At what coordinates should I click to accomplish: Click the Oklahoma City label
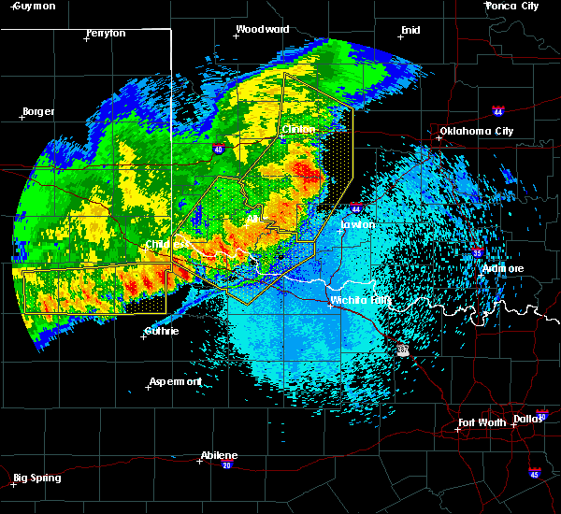(476, 131)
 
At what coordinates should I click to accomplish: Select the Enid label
(410, 30)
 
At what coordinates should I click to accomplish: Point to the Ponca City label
(512, 6)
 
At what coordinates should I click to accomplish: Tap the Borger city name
(37, 111)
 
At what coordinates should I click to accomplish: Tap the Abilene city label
(219, 455)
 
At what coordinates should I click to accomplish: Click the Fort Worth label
(483, 423)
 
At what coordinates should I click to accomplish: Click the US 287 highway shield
(403, 350)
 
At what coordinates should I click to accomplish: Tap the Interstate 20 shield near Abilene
(227, 464)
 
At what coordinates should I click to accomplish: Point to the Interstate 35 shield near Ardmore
(477, 252)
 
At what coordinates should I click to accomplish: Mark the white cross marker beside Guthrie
(144, 336)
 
